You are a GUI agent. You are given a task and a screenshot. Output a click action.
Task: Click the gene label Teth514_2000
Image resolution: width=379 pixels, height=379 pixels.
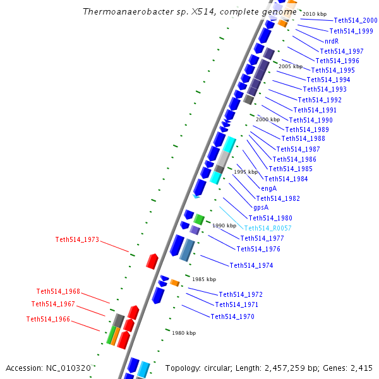(x=356, y=21)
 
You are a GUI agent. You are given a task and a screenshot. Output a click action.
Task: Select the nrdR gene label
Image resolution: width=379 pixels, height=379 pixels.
(x=331, y=41)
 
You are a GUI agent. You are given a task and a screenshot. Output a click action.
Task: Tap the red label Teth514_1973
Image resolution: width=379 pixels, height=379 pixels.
(x=77, y=239)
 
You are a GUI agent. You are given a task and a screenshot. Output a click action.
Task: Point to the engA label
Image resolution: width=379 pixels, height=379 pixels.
(x=268, y=188)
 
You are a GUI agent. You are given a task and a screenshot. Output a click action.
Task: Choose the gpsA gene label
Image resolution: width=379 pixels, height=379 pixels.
(x=261, y=208)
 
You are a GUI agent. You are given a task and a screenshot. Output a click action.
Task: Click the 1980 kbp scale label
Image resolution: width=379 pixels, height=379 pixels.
(x=183, y=333)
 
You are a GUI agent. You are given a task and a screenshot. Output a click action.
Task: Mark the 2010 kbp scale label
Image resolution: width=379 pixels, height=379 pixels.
(x=315, y=14)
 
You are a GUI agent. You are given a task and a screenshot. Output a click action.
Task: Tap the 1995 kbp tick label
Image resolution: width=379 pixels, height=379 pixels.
(x=246, y=172)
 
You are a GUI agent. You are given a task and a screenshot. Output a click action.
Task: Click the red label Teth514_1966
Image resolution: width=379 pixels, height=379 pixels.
(x=48, y=319)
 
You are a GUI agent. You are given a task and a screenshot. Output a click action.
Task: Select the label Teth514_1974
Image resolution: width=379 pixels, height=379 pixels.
(x=251, y=265)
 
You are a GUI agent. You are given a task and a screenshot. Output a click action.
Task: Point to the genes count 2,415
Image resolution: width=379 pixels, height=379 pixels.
(x=361, y=368)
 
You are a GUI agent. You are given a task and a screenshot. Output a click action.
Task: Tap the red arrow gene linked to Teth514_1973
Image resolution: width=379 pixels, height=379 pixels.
(x=152, y=261)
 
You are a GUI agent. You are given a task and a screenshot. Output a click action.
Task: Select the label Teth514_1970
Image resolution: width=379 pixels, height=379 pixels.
(x=232, y=316)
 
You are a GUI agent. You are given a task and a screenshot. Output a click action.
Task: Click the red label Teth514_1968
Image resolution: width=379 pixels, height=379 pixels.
(x=58, y=291)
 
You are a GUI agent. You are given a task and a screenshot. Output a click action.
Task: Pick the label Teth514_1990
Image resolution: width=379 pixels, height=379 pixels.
(x=311, y=120)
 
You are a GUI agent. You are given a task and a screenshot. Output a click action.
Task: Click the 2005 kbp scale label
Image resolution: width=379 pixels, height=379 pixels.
(x=291, y=66)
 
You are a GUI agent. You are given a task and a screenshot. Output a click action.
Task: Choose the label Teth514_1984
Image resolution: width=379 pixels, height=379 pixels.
(x=286, y=179)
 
